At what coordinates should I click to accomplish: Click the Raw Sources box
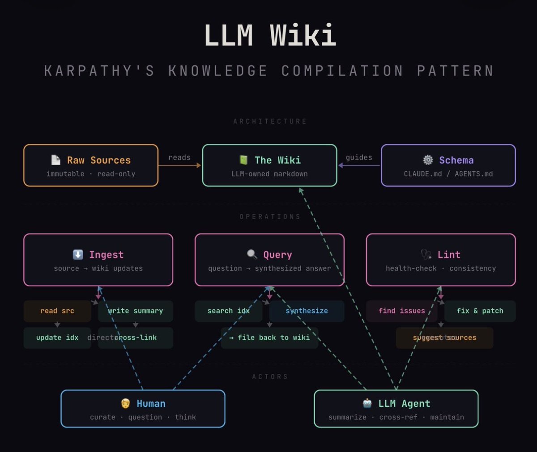[91, 165]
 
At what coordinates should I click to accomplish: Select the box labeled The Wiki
[269, 165]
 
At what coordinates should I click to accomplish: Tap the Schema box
[448, 165]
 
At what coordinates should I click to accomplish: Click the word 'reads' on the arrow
[179, 157]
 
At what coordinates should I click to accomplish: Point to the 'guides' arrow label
[359, 157]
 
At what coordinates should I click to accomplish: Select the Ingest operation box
[98, 260]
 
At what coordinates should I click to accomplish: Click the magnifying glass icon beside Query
[252, 254]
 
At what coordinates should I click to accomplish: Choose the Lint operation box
[441, 260]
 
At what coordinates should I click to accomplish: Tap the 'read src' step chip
[57, 311]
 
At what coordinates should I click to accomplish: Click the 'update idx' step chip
[57, 338]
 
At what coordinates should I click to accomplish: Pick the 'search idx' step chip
[228, 311]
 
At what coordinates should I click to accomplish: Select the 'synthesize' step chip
[307, 311]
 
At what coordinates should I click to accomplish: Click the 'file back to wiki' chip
[269, 338]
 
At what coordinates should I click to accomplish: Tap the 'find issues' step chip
[401, 311]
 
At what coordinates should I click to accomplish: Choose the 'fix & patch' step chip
[480, 311]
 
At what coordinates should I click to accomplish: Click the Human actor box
[143, 409]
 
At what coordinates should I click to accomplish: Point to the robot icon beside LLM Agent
[367, 403]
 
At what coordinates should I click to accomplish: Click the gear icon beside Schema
[428, 160]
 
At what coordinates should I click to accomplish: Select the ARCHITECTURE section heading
[270, 122]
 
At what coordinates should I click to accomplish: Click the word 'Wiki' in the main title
[303, 35]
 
